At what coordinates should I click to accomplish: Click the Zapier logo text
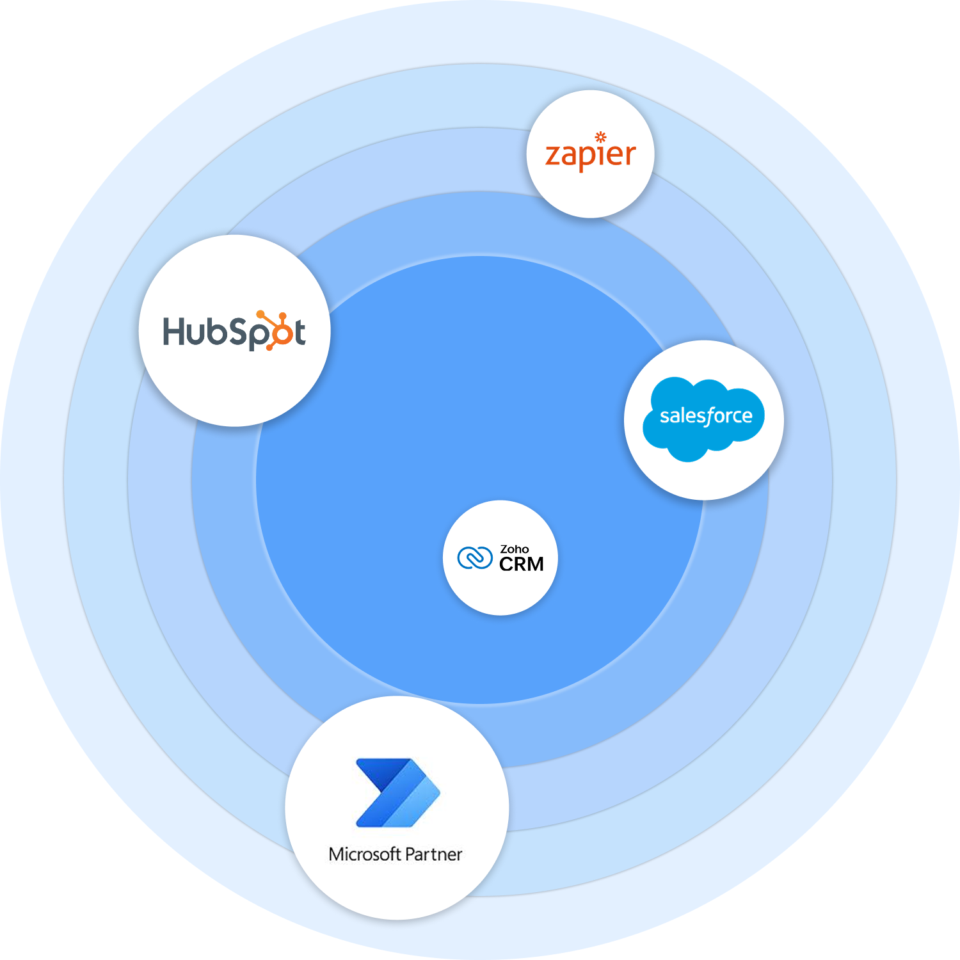590,156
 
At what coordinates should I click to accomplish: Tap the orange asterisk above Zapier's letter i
600,136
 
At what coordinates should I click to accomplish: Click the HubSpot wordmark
234,332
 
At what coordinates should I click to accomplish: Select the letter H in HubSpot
174,331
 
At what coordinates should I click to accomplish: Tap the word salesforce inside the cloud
706,416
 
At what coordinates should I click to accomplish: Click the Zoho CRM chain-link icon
474,558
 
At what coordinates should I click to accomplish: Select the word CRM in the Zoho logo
521,564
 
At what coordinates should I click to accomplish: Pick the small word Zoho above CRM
514,549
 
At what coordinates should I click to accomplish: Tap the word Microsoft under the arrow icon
364,854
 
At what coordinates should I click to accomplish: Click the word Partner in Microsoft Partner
433,854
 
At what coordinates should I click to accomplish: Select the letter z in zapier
552,156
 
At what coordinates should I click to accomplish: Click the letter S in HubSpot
239,332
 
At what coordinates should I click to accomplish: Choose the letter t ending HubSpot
299,332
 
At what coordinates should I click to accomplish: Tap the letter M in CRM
534,564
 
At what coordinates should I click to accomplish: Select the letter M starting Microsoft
336,854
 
